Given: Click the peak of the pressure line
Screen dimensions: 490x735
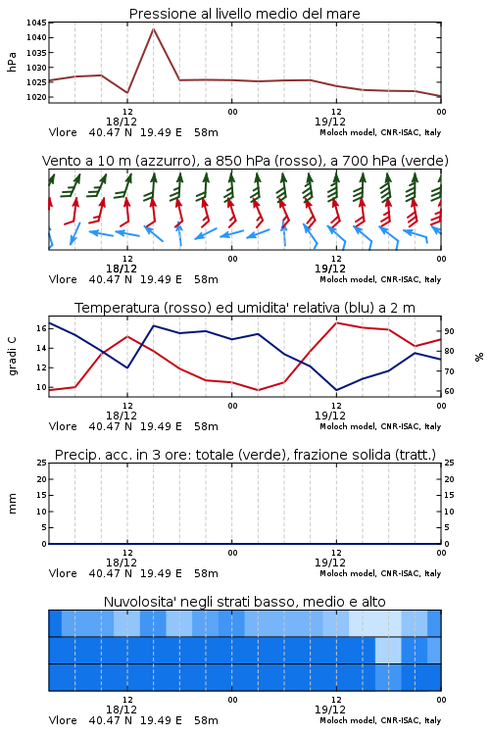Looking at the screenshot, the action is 153,28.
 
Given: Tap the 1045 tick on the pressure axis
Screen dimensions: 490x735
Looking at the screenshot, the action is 36,23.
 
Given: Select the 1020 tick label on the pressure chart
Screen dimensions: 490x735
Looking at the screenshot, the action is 36,97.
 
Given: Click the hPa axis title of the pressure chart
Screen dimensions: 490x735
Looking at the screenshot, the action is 12,62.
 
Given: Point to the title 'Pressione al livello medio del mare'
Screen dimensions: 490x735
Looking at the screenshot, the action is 244,14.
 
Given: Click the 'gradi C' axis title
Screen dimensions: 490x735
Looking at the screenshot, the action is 12,356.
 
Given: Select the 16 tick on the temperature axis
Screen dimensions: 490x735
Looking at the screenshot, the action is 41,328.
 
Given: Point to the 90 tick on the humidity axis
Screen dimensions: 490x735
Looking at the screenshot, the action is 449,331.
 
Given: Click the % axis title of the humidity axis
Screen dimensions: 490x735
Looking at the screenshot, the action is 479,357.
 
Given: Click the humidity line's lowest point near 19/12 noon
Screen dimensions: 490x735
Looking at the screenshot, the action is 337,390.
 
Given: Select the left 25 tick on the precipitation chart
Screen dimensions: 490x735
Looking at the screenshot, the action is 42,463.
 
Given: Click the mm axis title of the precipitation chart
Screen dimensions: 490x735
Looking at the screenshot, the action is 12,503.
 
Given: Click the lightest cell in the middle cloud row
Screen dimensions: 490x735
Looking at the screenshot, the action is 388,650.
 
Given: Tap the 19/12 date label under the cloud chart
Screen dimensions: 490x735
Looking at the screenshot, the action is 330,710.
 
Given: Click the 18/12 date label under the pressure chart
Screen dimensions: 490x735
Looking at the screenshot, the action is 122,122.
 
